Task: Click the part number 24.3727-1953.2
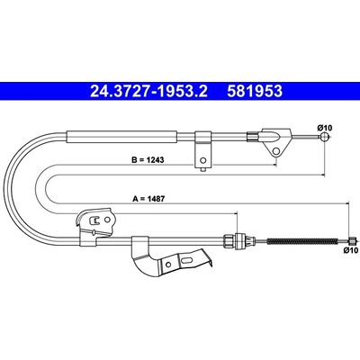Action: pos(148,91)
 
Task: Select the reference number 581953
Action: pos(255,91)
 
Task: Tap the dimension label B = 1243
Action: pos(148,160)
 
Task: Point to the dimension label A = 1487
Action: pos(148,199)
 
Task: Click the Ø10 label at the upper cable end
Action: pos(325,128)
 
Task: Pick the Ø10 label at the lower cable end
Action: pos(351,250)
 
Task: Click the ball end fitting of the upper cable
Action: pos(324,137)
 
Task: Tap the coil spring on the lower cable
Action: pos(302,240)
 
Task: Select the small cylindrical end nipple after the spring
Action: pos(352,240)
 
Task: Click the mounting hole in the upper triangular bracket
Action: pos(276,150)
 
